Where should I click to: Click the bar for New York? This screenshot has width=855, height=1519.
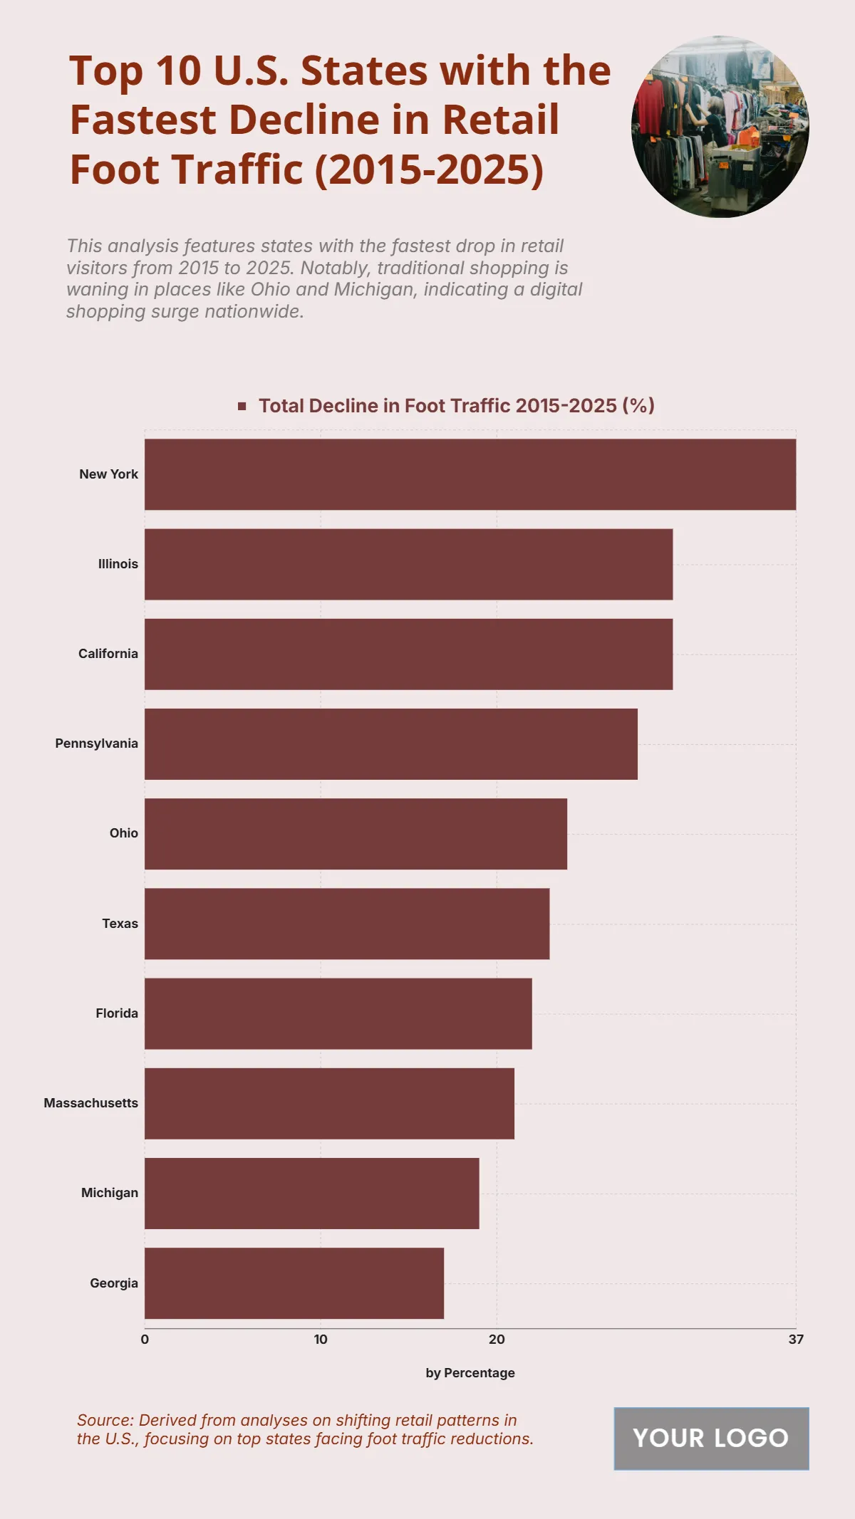(x=470, y=474)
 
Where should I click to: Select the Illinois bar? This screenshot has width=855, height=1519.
(x=408, y=564)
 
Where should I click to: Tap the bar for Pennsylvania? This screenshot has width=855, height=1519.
(x=391, y=743)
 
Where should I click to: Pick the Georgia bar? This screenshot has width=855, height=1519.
(x=294, y=1283)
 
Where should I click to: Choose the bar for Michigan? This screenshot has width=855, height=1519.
(x=311, y=1194)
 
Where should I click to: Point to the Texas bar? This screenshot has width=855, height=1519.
(x=347, y=924)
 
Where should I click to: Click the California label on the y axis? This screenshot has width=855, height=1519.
(x=108, y=654)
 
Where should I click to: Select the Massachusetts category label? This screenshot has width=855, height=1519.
(x=91, y=1103)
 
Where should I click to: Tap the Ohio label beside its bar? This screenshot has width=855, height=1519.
(x=124, y=833)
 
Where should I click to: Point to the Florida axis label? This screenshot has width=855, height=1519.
(x=117, y=1013)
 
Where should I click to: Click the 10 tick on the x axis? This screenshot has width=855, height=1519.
(x=321, y=1340)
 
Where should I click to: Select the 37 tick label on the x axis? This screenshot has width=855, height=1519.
(x=796, y=1340)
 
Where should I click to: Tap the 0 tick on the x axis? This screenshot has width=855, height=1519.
(x=145, y=1340)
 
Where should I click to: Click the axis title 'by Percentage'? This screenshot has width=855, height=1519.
(x=470, y=1373)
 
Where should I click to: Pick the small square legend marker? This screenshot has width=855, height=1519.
(x=242, y=406)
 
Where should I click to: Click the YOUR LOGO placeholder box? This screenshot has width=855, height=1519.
(x=711, y=1439)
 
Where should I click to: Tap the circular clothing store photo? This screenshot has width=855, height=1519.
(x=720, y=126)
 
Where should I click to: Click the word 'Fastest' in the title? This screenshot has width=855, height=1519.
(x=142, y=120)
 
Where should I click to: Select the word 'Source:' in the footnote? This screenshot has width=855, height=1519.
(x=105, y=1420)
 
